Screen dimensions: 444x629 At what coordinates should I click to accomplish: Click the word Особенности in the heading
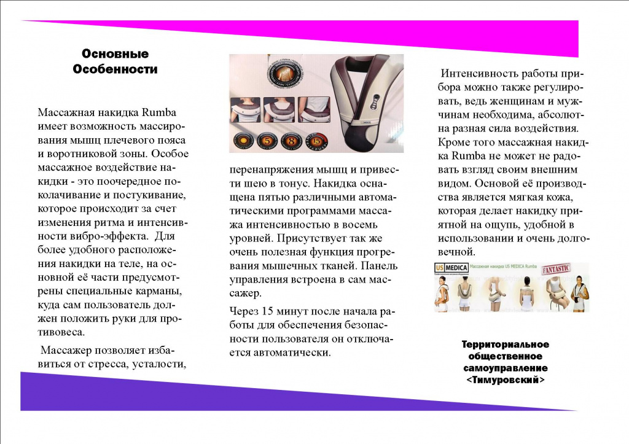115,69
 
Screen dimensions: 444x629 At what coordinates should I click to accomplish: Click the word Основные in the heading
115,54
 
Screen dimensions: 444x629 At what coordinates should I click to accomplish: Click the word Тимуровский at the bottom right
506,380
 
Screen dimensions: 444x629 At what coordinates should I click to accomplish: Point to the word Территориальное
506,345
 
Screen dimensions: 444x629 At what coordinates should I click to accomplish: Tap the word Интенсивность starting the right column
480,73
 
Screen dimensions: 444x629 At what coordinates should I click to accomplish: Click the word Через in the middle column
241,310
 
